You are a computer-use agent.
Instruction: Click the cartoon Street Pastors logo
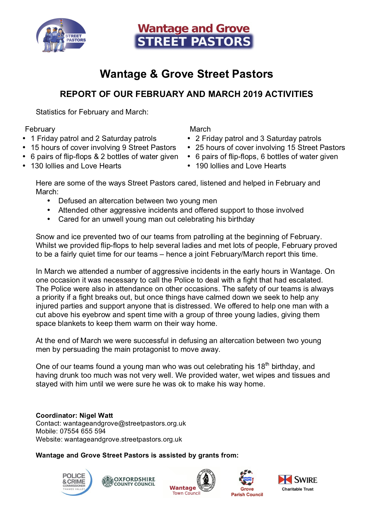[x=61, y=36]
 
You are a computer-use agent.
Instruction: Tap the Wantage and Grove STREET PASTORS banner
[x=194, y=36]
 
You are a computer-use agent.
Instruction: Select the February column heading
[x=40, y=129]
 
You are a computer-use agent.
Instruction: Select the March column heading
[x=200, y=129]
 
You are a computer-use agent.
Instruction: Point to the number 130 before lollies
[x=37, y=166]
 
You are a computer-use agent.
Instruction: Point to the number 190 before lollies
[x=202, y=166]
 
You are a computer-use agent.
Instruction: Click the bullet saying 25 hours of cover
[x=270, y=148]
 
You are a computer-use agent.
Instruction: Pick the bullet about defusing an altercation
[x=137, y=201]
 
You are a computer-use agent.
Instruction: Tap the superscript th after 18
[x=267, y=364]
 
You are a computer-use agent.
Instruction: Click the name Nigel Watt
[x=96, y=416]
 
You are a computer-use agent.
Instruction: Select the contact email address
[x=124, y=423]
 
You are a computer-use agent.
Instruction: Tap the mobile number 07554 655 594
[x=82, y=431]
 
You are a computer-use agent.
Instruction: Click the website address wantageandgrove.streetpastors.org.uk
[x=123, y=439]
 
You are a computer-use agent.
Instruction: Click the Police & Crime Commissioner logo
[x=76, y=482]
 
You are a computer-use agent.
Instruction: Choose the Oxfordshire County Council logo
[x=128, y=481]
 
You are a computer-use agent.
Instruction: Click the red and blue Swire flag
[x=285, y=479]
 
